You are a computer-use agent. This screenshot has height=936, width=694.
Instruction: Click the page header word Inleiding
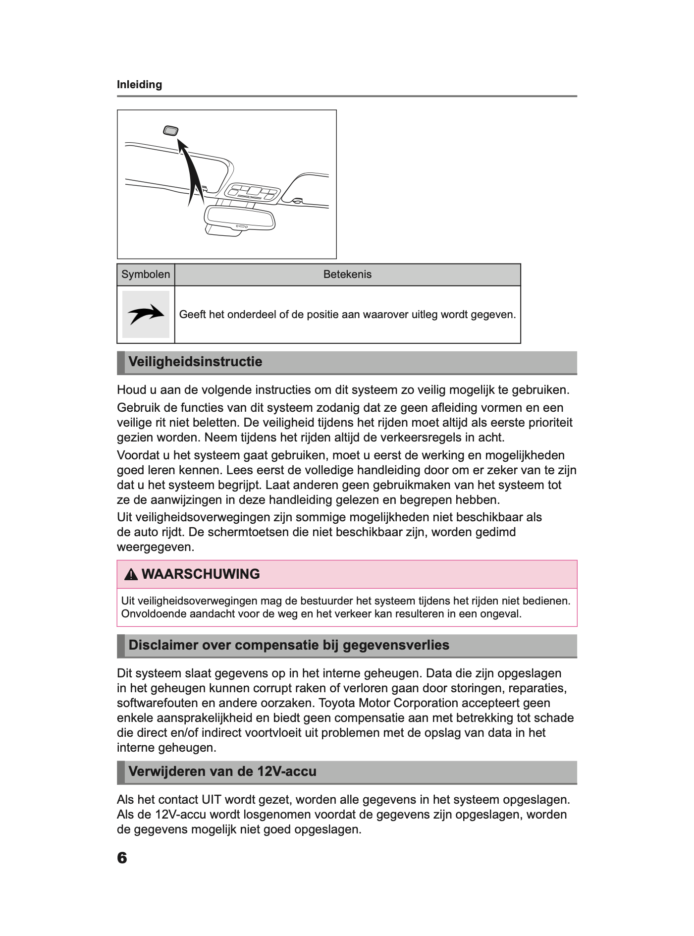point(139,85)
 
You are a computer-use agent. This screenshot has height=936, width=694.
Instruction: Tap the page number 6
point(122,858)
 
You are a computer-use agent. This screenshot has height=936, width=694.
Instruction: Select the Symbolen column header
point(146,275)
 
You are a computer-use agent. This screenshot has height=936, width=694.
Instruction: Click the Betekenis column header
point(347,275)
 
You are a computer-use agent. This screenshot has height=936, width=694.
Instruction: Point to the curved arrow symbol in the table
point(146,314)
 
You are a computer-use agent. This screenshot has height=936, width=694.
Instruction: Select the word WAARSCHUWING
point(201,574)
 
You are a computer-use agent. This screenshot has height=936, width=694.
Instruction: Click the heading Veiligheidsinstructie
point(195,362)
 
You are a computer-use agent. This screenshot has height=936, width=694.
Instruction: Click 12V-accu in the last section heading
point(286,771)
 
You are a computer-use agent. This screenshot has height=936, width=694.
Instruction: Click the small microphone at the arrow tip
point(170,131)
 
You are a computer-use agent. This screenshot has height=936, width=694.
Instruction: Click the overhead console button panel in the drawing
point(252,193)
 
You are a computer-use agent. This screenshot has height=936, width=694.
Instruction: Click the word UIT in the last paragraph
point(214,800)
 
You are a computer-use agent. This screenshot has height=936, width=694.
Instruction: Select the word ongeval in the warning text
point(503,614)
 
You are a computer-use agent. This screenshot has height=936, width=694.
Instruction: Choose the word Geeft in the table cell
point(192,315)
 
